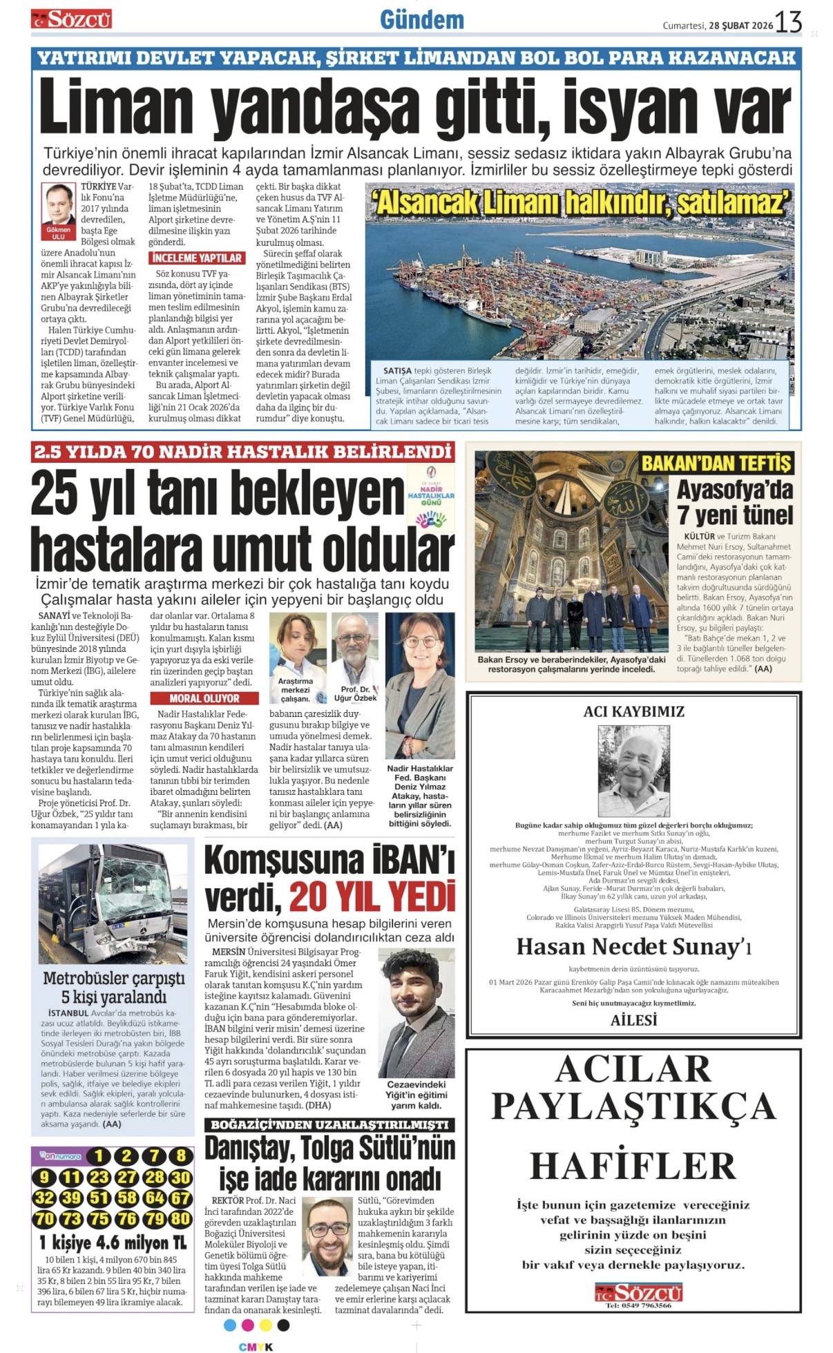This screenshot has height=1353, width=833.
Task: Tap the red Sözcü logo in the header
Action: (71, 19)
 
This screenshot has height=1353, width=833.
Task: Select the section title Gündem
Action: (421, 20)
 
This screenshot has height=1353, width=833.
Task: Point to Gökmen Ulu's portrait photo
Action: (59, 204)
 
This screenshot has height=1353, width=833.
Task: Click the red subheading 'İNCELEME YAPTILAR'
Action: (197, 258)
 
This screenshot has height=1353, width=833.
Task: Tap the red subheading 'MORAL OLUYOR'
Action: (204, 698)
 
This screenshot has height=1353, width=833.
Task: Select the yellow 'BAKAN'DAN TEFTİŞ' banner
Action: (716, 463)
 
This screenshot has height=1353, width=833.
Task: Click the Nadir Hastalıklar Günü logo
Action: (431, 497)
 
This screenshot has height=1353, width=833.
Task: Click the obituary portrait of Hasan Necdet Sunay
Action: (633, 770)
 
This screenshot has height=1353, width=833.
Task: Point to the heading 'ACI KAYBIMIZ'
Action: (633, 711)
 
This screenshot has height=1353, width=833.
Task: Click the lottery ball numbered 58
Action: (126, 1198)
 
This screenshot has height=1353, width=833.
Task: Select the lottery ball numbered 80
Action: (180, 1219)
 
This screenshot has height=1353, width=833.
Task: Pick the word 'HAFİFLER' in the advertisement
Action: (633, 1167)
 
